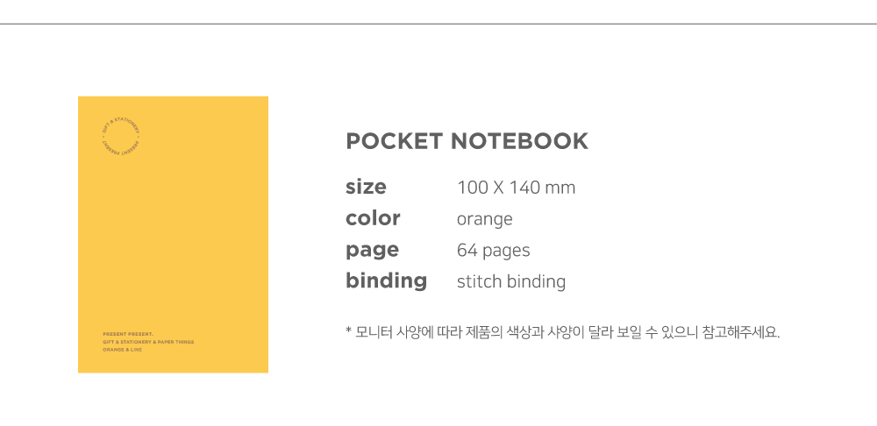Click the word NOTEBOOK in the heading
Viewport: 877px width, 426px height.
(x=519, y=141)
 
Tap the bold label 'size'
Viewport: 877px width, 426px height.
(x=366, y=187)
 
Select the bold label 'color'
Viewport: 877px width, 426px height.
(x=373, y=218)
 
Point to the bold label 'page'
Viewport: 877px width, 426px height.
(x=372, y=251)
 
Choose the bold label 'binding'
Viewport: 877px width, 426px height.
(x=386, y=281)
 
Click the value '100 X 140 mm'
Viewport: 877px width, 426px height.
(x=516, y=188)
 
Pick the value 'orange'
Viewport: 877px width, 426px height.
(x=484, y=219)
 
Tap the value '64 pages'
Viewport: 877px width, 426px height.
(x=493, y=251)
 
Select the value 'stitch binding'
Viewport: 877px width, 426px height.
(x=510, y=282)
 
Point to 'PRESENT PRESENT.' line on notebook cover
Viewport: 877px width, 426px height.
(x=128, y=334)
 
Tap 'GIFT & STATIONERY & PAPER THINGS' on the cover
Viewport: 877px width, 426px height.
(x=148, y=342)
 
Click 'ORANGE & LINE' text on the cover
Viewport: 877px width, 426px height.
(x=123, y=350)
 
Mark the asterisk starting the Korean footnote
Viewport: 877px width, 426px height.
(x=348, y=331)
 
